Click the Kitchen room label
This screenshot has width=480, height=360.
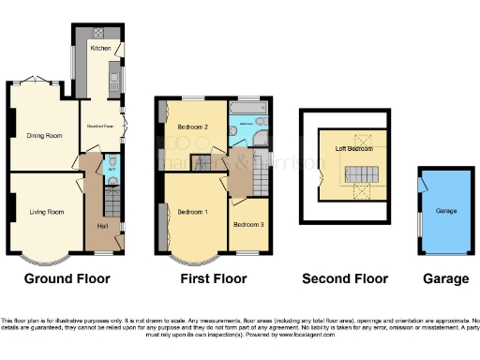[100, 46]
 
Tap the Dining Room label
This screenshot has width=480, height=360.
[43, 136]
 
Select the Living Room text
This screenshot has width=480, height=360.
[45, 212]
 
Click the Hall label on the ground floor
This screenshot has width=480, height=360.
[101, 226]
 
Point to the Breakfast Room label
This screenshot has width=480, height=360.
[100, 124]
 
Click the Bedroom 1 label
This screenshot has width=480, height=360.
[194, 212]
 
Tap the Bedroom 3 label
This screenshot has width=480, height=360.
[249, 225]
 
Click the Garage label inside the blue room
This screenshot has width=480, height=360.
[446, 211]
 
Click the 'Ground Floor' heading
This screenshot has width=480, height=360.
[67, 278]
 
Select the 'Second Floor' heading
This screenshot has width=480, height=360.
[344, 278]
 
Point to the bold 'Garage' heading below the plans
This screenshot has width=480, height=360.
[445, 278]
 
